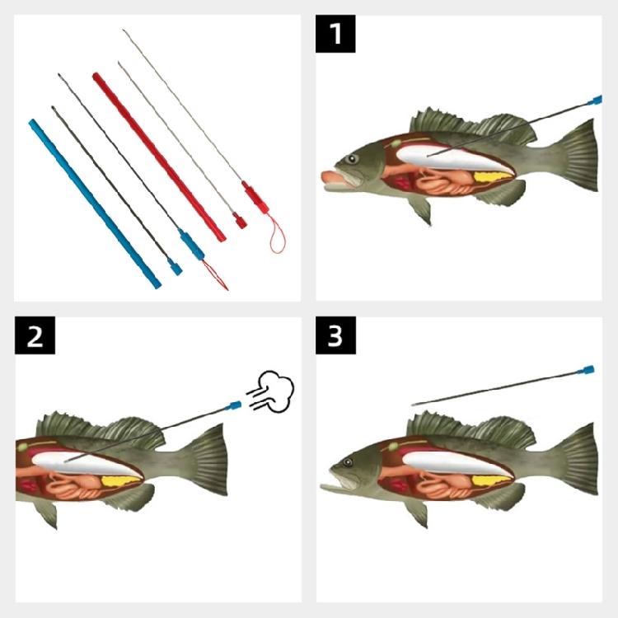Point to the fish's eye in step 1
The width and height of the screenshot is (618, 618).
tap(353, 159)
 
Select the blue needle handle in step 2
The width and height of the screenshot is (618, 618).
tap(235, 405)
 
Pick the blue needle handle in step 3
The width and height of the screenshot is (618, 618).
tap(588, 370)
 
